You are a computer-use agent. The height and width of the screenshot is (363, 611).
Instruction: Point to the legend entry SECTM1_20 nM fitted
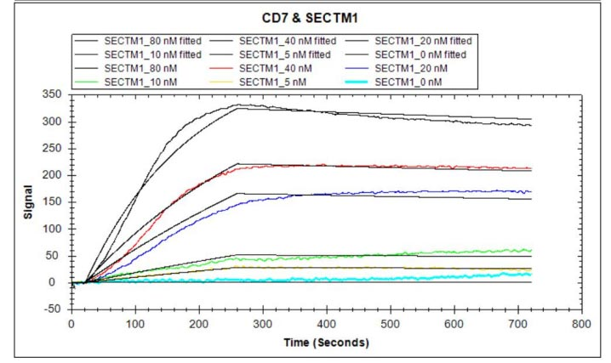click(x=423, y=40)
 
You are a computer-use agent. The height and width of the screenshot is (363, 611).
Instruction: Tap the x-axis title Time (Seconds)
click(x=326, y=343)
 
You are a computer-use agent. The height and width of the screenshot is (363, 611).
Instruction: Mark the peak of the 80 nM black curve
click(x=241, y=105)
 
